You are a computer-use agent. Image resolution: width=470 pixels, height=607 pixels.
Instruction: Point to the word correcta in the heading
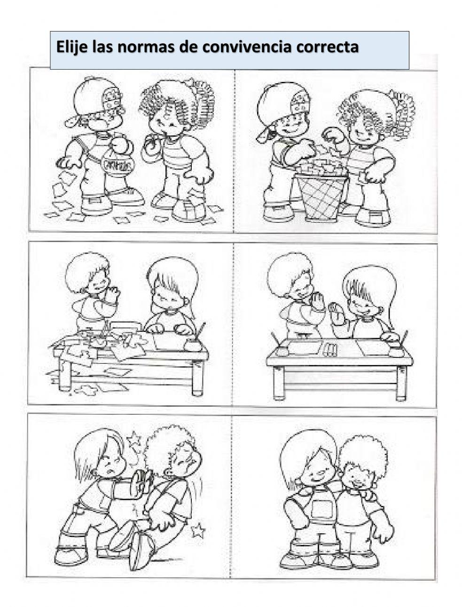pyautogui.click(x=328, y=47)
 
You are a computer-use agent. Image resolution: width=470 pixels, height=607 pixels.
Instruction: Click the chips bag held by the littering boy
pyautogui.click(x=118, y=165)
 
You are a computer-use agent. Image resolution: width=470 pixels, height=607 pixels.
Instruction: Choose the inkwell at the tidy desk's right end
pyautogui.click(x=397, y=351)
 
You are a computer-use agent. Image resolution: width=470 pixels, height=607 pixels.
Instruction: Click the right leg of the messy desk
pyautogui.click(x=197, y=378)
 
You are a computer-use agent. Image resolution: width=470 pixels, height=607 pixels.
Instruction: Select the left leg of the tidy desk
pyautogui.click(x=278, y=384)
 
